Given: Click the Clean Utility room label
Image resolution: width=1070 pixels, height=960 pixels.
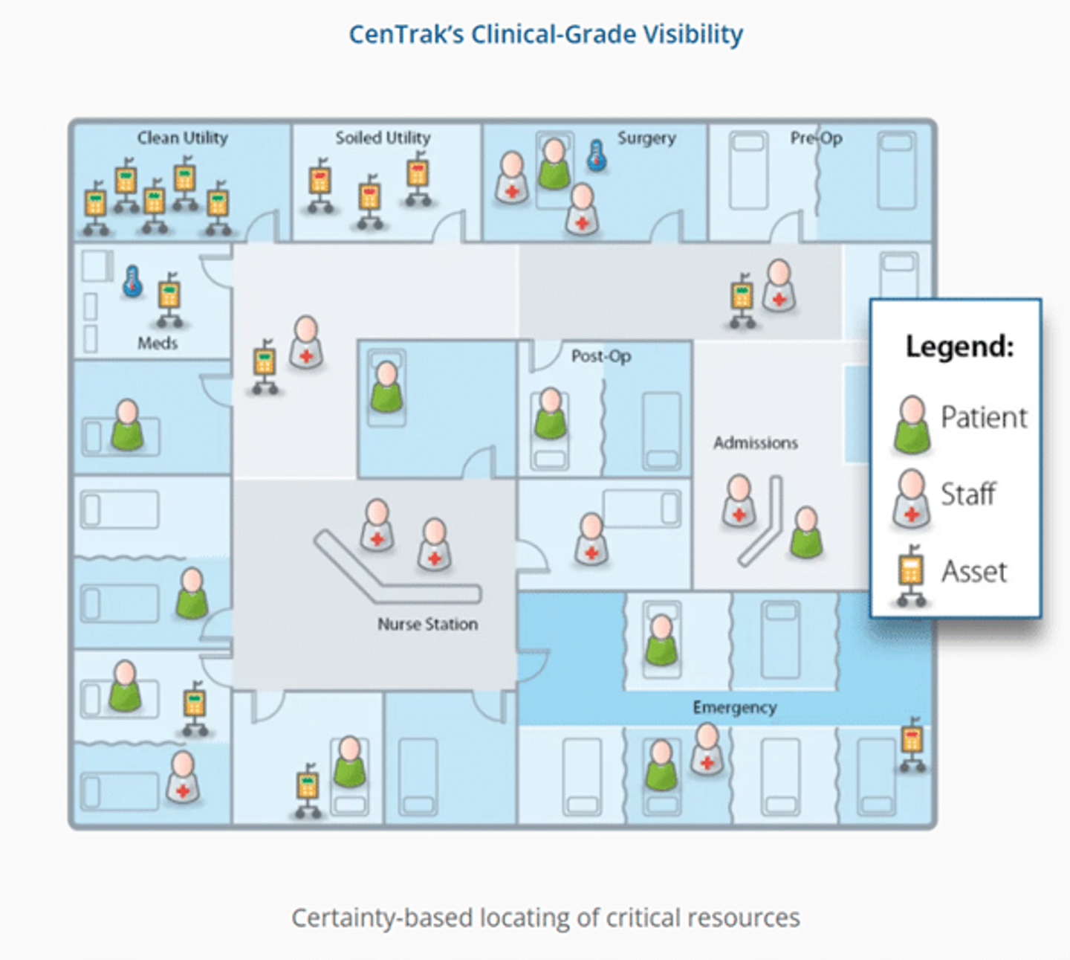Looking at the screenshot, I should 182,138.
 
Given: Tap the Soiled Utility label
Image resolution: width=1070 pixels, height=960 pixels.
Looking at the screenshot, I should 383,138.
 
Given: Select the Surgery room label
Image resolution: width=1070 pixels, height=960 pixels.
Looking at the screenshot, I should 646,138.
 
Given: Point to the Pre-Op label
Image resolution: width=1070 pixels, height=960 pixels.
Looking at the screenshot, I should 816,138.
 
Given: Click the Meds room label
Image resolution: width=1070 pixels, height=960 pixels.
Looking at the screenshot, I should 158,343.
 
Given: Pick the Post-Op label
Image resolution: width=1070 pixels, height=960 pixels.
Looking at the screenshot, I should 601,356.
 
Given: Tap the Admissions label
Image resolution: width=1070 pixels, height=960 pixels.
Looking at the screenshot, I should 756,442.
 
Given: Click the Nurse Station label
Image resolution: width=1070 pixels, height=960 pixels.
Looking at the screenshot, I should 427,624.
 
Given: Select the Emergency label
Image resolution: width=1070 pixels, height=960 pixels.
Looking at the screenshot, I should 735,707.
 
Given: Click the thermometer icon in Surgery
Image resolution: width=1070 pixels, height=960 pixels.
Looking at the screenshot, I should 597,156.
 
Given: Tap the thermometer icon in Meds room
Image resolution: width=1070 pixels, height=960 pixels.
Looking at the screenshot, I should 133,282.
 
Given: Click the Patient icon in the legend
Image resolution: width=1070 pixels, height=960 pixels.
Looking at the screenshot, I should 912,424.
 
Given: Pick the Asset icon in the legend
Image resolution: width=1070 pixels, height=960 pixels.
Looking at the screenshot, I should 911,575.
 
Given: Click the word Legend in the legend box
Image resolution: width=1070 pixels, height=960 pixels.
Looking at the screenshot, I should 959,347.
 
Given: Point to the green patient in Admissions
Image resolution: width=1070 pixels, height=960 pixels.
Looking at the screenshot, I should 806,532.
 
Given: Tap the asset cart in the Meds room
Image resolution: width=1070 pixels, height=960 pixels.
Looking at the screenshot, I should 170,299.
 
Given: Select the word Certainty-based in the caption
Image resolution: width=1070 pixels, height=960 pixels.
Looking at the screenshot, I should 382,918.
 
